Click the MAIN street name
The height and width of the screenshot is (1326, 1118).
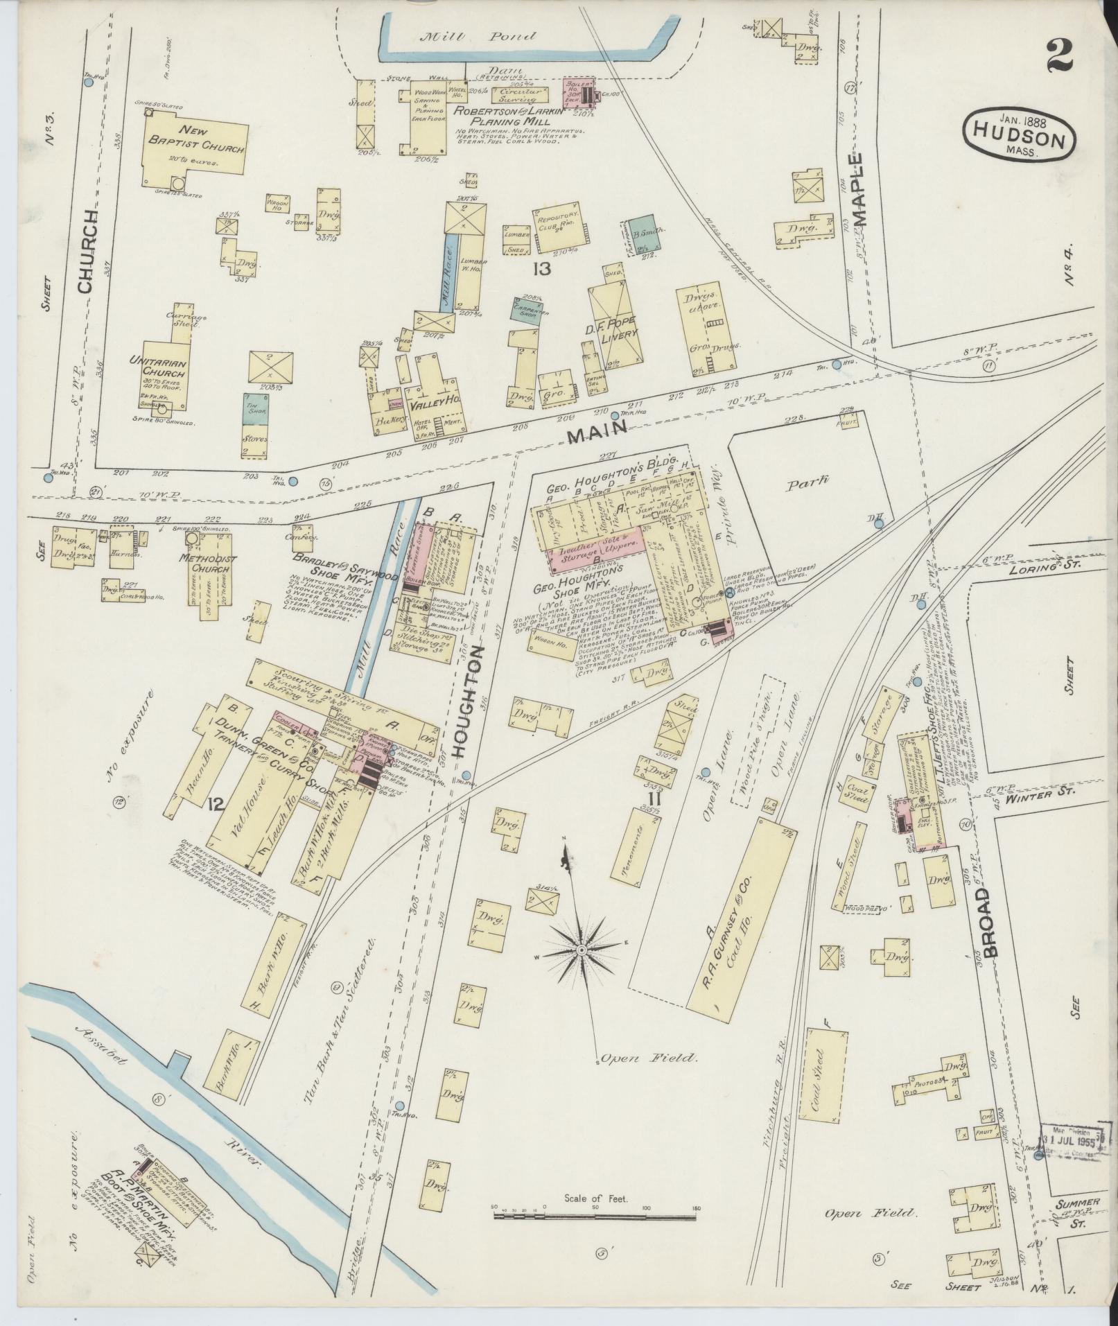pos(597,434)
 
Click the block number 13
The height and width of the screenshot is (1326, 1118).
pos(541,268)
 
